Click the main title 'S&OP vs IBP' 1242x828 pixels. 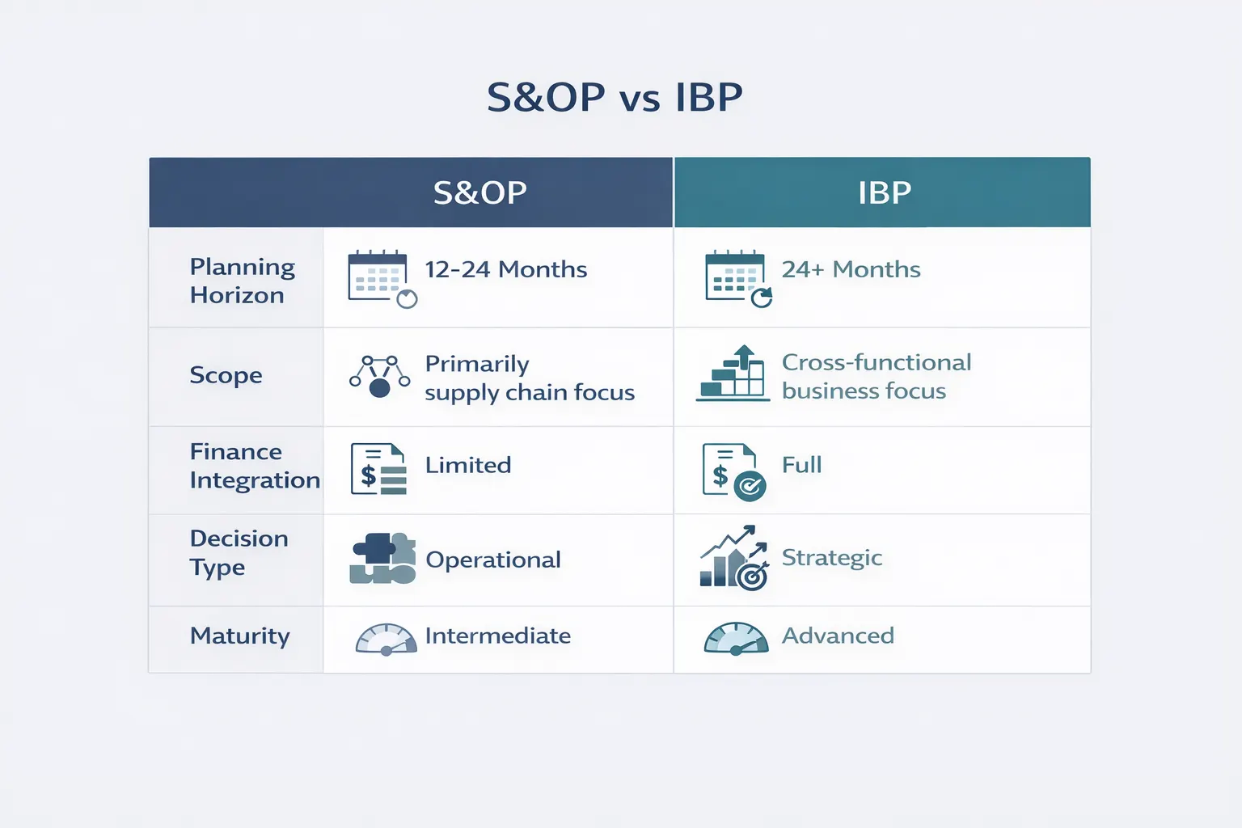coord(615,98)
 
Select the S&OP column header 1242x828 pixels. coord(480,192)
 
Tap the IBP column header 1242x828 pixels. coord(885,192)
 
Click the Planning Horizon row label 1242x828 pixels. coord(242,281)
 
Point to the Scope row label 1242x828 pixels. coord(226,375)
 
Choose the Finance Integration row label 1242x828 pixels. coord(254,466)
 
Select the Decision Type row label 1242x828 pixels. coord(239,553)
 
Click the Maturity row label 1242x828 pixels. coord(239,636)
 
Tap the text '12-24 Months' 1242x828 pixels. coord(506,269)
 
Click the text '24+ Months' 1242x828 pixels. coord(851,269)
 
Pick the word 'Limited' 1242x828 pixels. coord(468,465)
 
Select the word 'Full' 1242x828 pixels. coord(801,465)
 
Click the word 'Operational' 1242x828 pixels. coord(493,560)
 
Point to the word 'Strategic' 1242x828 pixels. coord(832,558)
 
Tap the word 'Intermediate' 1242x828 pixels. coord(498,636)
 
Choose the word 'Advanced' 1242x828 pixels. coord(838,636)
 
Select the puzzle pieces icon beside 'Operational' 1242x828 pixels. coord(382,559)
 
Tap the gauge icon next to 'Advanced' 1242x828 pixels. coord(736,638)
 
